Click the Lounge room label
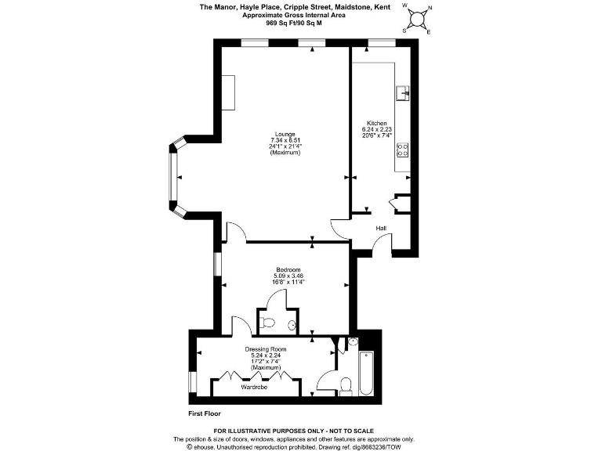(x=285, y=134)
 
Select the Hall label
(x=381, y=228)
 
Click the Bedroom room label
(x=288, y=270)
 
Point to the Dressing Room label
(x=266, y=349)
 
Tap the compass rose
(x=417, y=18)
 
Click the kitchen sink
(x=403, y=93)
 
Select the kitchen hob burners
(x=404, y=150)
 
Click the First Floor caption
(x=205, y=413)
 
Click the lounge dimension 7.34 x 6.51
(x=285, y=140)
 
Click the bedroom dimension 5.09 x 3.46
(x=288, y=276)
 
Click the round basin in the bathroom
(x=352, y=341)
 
